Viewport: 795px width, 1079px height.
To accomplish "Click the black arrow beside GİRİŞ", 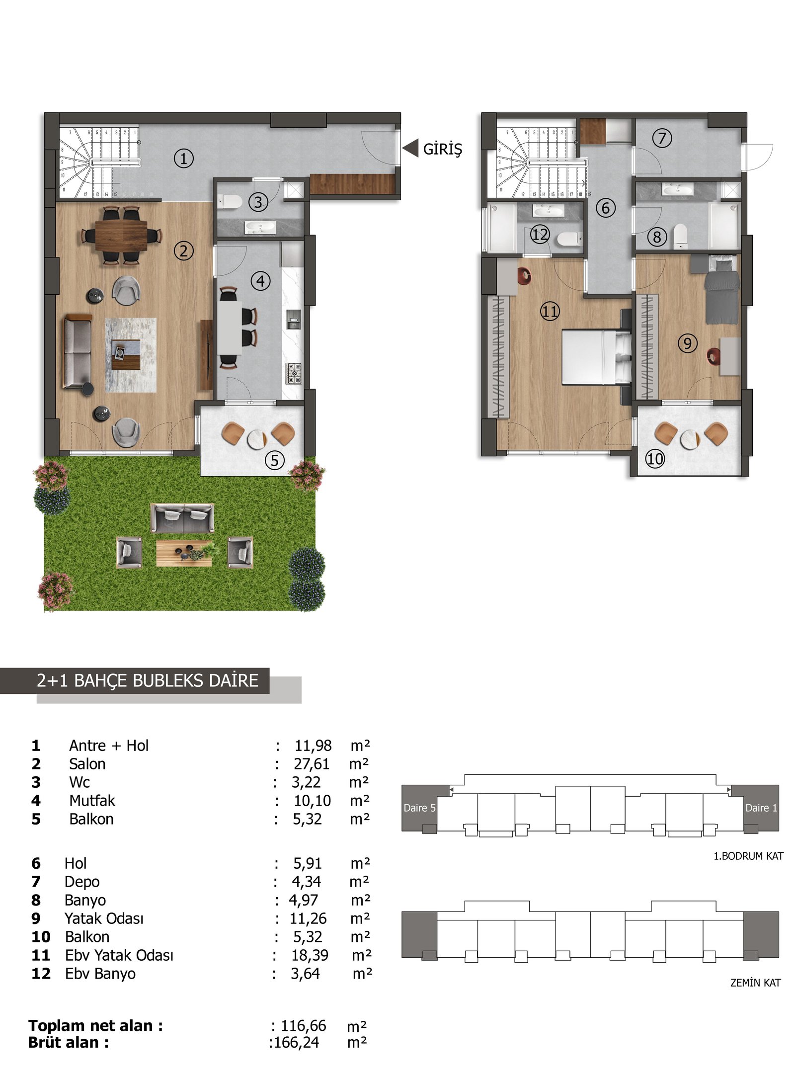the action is point(410,148).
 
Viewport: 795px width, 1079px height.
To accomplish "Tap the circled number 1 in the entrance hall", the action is point(183,159).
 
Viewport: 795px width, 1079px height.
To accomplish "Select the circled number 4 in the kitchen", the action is point(261,281).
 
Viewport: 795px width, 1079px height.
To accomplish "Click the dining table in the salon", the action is point(121,235).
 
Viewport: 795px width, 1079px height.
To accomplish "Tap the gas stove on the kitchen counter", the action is point(293,373).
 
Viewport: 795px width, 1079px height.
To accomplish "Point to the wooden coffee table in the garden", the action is point(184,553).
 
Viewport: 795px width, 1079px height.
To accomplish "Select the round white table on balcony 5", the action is point(257,439).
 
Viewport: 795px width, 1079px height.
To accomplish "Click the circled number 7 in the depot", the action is point(662,138).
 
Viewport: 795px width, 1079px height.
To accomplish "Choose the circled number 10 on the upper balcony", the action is point(654,458).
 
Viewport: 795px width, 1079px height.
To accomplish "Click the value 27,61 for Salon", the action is point(312,764).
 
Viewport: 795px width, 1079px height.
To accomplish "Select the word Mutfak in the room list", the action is point(92,801).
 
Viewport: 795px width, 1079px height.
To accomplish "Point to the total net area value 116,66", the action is point(304,1026).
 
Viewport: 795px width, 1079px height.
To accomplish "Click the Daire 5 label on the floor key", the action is point(419,808).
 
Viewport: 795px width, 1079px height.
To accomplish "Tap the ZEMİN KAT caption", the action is point(755,983).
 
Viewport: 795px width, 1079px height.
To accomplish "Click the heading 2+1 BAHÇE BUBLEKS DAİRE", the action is point(148,680).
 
